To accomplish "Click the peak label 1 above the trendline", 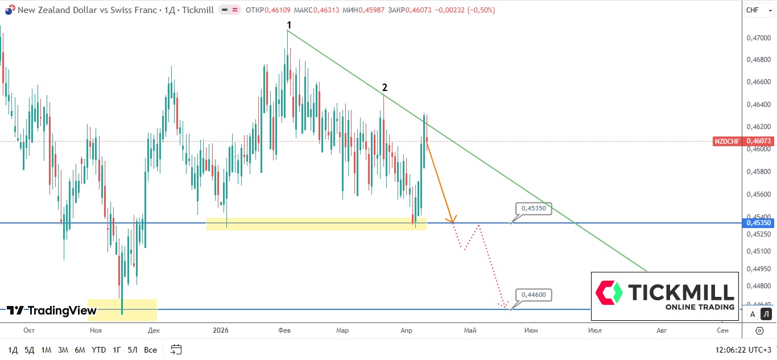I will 289,25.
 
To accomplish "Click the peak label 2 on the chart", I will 385,88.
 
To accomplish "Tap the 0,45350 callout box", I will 533,209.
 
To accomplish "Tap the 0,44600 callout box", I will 533,295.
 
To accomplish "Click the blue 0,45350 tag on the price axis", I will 759,223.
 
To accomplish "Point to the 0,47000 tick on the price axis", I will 759,38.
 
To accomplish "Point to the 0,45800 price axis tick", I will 759,171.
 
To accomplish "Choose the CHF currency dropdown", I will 755,10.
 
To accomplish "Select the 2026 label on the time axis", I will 220,330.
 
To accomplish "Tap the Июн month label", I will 531,330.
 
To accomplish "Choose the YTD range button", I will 98,350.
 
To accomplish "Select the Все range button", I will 150,350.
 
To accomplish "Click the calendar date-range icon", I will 176,350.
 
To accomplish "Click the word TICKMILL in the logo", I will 681,292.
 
